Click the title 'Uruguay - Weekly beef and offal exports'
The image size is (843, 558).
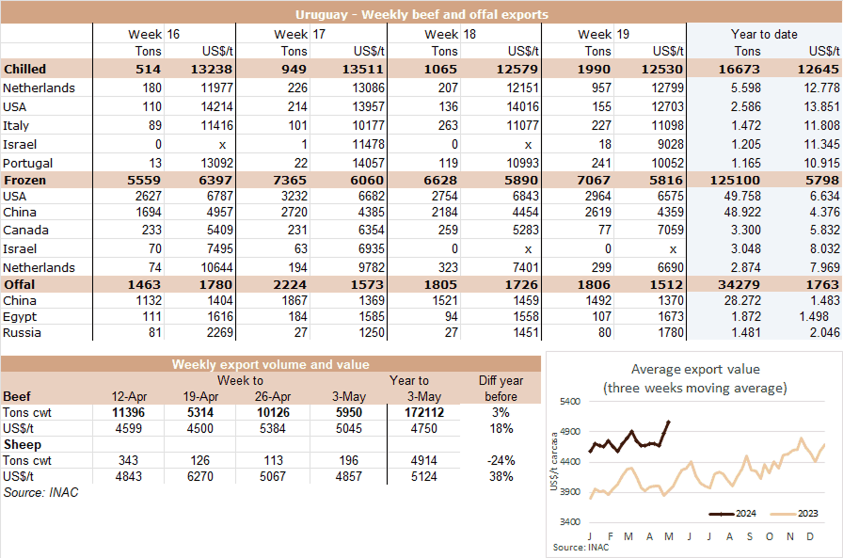(x=421, y=15)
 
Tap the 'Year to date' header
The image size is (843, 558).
(x=763, y=34)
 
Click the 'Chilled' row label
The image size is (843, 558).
(x=25, y=69)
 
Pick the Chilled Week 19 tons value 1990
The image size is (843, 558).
(x=596, y=69)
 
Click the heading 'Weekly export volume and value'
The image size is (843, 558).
(x=270, y=364)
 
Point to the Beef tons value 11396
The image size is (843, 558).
(x=128, y=412)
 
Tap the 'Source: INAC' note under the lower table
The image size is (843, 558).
(x=36, y=492)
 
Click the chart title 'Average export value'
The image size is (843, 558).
(x=694, y=369)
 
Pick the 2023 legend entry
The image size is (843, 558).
(x=796, y=514)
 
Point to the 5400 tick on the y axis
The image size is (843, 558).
(x=568, y=401)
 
